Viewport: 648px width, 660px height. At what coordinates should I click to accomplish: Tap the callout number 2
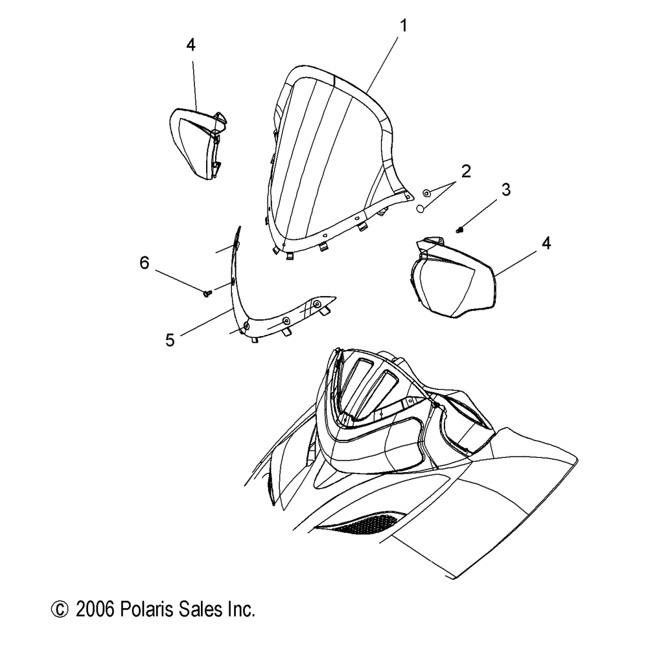[465, 172]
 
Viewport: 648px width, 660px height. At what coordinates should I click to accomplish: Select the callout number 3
[505, 190]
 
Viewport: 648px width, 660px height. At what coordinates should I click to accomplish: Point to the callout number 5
[170, 340]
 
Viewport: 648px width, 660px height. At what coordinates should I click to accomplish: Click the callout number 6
[144, 262]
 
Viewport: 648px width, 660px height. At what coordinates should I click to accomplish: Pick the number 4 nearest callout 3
[546, 244]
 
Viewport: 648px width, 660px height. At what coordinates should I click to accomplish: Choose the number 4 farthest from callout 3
[191, 45]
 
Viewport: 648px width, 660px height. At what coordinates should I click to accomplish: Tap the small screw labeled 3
[459, 230]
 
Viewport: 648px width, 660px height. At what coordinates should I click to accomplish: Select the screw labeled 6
[207, 293]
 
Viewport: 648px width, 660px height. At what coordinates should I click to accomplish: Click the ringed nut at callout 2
[426, 192]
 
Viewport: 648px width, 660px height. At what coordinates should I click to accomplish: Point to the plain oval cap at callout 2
[420, 209]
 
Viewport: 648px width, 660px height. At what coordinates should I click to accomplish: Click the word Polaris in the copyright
[144, 609]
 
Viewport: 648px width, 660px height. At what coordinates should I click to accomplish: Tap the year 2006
[95, 609]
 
